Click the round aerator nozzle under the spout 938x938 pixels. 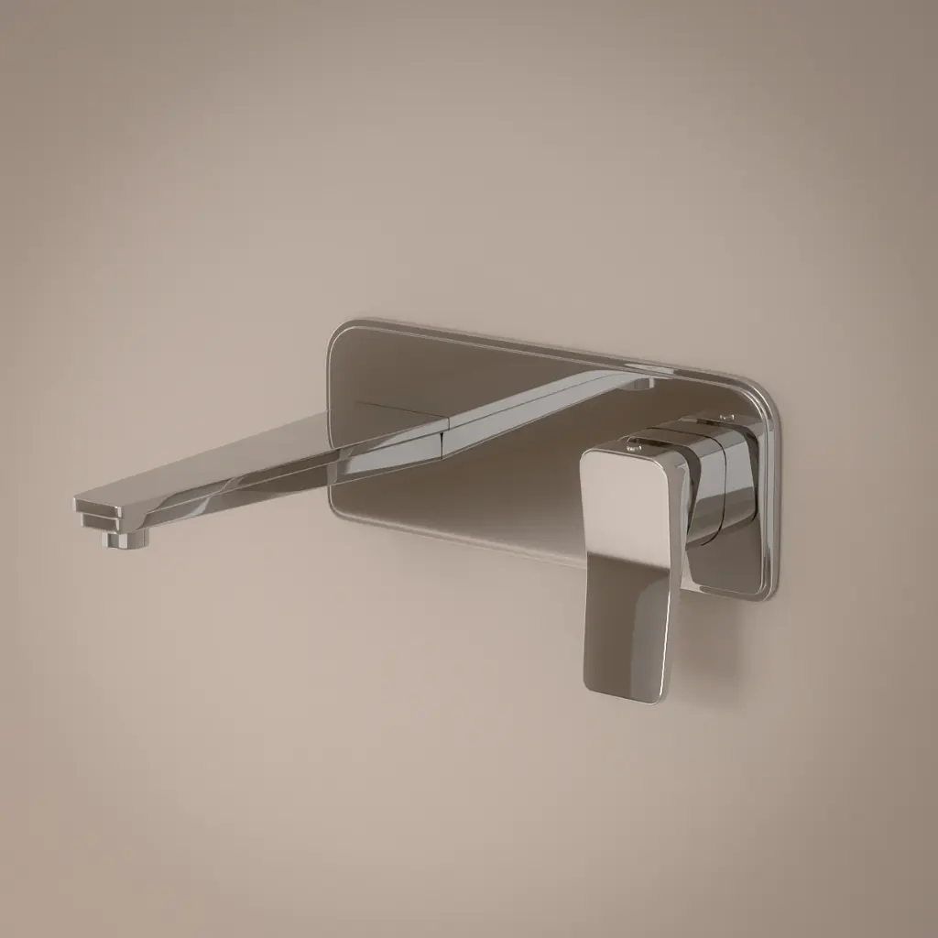pyautogui.click(x=125, y=539)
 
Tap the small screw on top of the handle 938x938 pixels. pyautogui.click(x=631, y=448)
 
